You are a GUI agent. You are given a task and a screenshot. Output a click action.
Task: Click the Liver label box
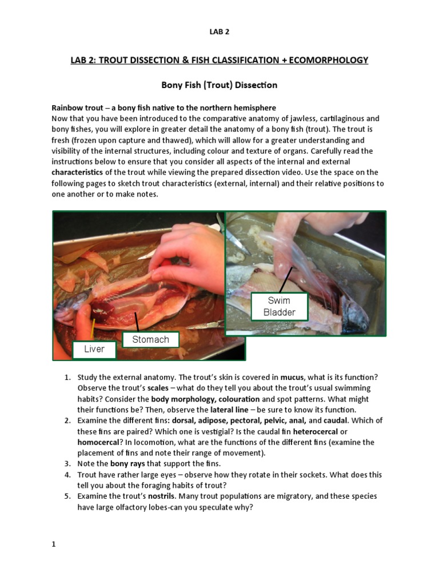pos(94,348)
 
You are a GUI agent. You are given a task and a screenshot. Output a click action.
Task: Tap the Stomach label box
pos(150,339)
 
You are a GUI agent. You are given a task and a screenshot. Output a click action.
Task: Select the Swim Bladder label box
pos(279,306)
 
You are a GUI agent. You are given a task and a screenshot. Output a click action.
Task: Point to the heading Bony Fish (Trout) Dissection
pos(219,85)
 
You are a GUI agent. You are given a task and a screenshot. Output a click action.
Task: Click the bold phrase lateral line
pos(230,410)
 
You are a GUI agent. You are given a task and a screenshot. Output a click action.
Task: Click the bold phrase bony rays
pos(129,463)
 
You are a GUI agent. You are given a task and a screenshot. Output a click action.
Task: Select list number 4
pos(66,474)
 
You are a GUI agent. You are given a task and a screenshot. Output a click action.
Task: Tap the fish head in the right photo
pos(354,314)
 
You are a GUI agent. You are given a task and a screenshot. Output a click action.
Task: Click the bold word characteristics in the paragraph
pos(78,172)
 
